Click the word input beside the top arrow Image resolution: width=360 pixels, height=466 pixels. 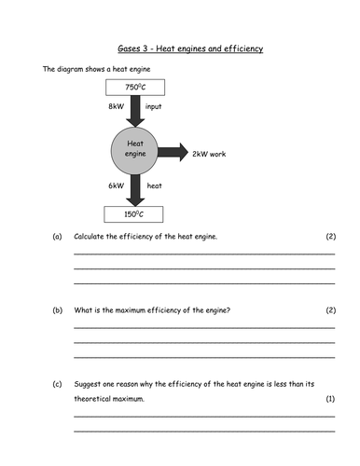[155, 107]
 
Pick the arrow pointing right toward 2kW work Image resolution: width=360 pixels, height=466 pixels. [173, 152]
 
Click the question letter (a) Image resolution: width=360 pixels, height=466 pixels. [57, 237]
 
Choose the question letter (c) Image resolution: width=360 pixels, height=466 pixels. [57, 383]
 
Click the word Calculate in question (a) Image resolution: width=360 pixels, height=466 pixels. [91, 237]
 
